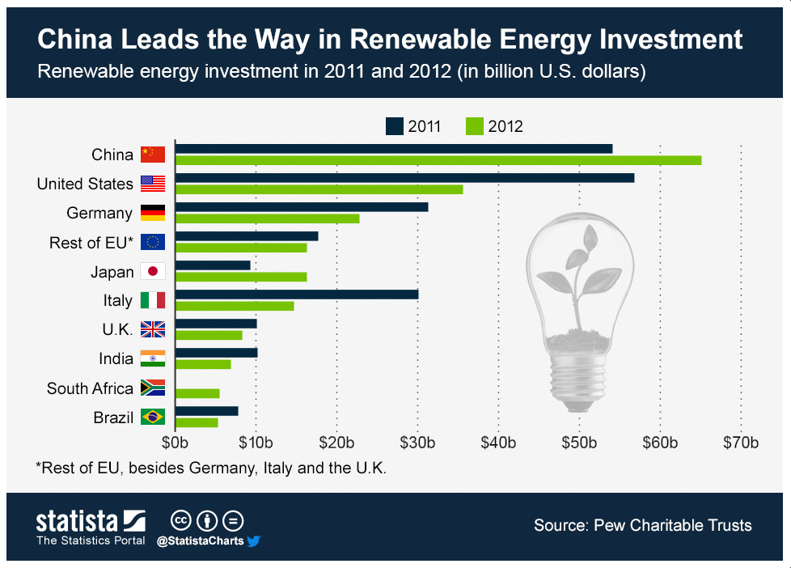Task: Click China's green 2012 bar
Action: [438, 160]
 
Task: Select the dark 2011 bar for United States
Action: [404, 178]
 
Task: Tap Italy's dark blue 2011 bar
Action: [297, 295]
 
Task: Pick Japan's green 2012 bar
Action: [241, 277]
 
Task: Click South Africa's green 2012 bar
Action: [197, 393]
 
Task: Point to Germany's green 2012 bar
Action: [267, 218]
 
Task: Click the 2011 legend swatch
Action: [395, 126]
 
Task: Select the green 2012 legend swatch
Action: [474, 126]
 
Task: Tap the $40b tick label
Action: [498, 443]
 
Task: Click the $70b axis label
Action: [741, 443]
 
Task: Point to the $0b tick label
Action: [176, 443]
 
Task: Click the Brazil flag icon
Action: [153, 417]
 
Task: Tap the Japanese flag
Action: [153, 271]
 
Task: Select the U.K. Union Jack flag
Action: [153, 329]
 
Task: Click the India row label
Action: [116, 358]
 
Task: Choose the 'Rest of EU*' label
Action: [91, 242]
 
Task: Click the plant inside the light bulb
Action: [583, 275]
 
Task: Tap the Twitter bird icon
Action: [254, 540]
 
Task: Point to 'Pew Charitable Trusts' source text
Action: [673, 525]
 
